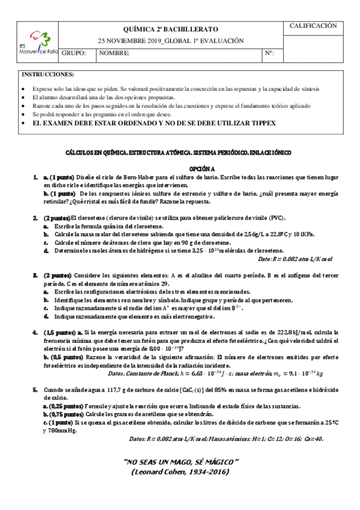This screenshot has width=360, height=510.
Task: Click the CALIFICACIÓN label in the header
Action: point(314,26)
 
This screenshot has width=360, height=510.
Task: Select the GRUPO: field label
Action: point(74,54)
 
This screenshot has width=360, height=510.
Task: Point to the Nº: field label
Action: point(269,54)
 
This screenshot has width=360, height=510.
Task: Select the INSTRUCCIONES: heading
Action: point(48,74)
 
